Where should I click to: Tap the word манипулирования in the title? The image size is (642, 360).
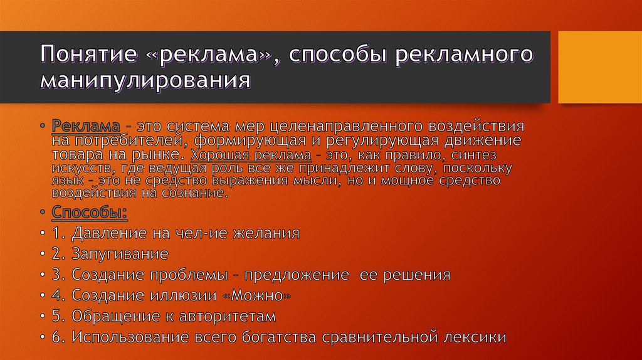point(145,81)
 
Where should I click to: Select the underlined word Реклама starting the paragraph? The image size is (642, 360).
point(77,125)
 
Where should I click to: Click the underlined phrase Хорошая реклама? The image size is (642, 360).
point(242,155)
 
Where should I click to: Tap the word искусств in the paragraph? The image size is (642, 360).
point(76,169)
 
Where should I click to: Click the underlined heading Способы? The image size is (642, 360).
point(90,212)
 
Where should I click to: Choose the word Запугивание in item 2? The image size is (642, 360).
point(120,254)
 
